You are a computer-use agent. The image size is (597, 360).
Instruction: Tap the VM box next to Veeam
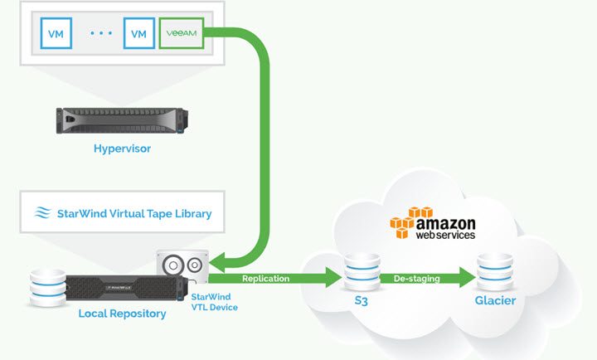coord(138,34)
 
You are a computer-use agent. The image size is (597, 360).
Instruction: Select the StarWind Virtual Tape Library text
coord(134,213)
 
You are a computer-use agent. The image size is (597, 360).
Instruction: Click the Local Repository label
coord(122,314)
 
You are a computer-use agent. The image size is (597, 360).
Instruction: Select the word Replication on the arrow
coord(266,279)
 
